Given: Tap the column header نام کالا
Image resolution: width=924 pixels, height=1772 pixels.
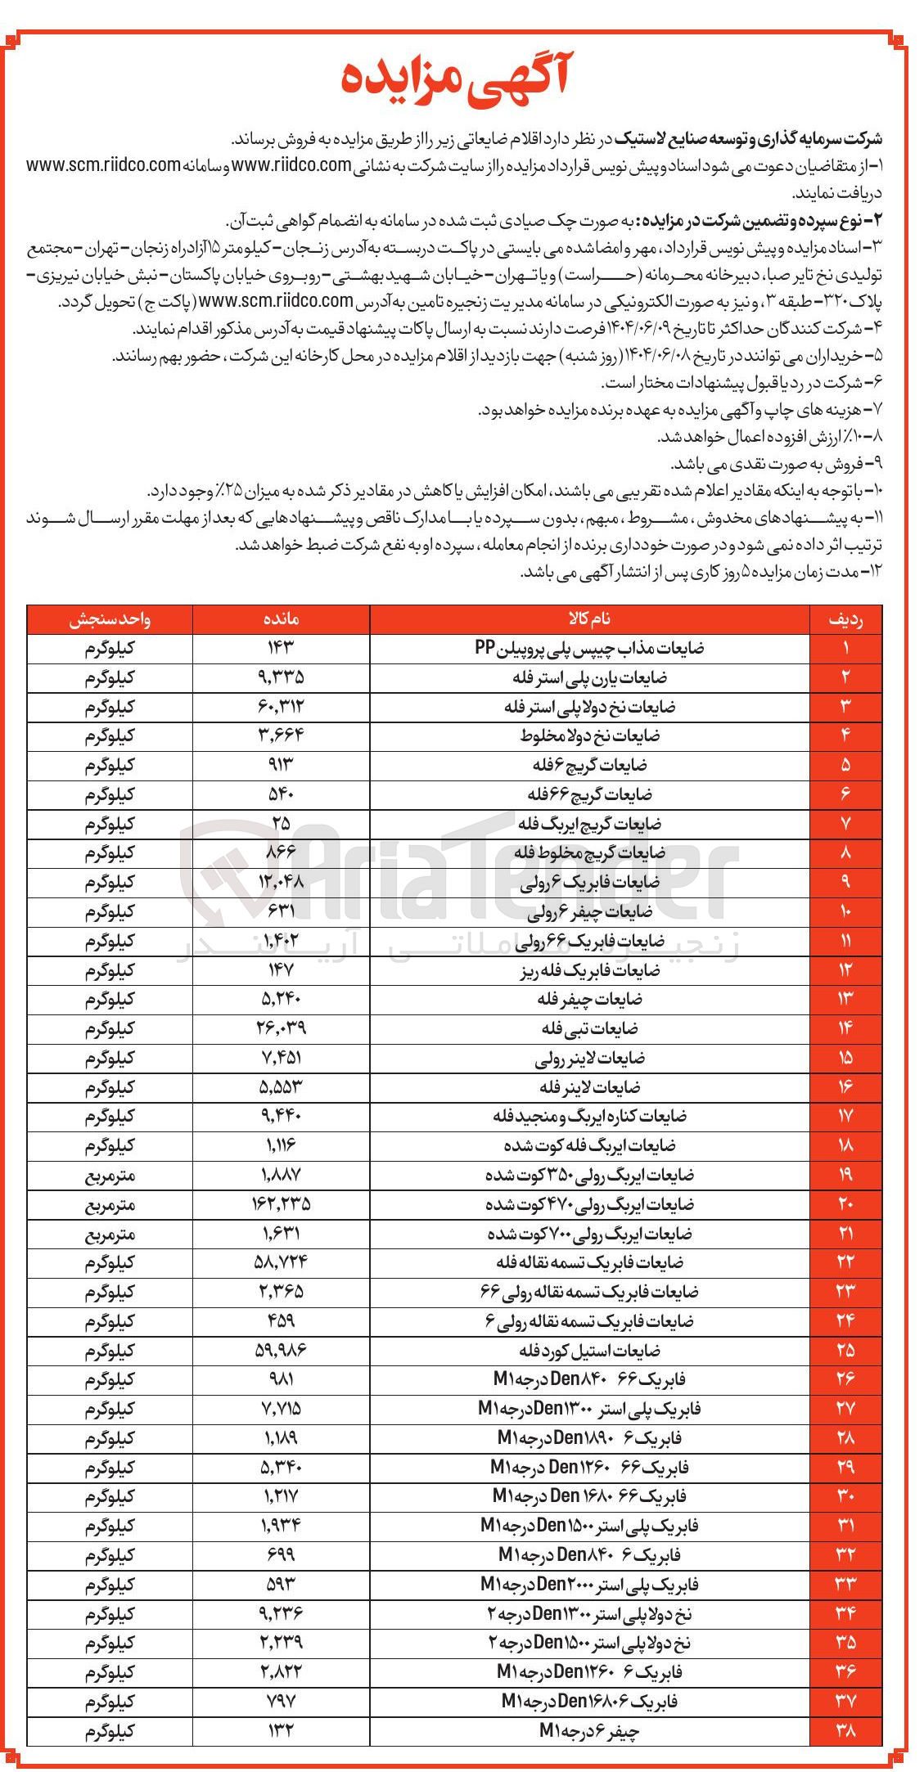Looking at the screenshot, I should tap(589, 619).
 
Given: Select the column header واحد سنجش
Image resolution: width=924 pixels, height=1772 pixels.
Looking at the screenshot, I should tap(110, 619).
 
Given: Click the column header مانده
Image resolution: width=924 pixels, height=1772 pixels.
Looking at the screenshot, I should tap(281, 619).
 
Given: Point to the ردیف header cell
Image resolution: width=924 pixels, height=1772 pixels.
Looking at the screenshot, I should tap(845, 619).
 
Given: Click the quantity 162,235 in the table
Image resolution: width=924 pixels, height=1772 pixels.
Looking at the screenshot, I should tap(281, 1204).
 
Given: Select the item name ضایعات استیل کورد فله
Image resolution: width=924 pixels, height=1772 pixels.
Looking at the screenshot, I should tap(589, 1350).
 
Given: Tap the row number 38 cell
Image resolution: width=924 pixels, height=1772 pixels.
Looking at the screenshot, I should tap(845, 1730).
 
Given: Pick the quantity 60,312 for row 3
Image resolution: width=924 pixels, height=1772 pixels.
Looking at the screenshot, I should tap(281, 707).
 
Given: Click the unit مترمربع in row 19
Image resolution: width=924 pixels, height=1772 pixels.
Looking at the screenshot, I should tap(110, 1175).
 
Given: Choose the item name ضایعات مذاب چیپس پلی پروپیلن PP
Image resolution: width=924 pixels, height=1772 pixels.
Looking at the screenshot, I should tap(589, 649).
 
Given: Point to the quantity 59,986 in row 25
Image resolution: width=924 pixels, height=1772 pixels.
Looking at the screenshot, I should tap(281, 1350).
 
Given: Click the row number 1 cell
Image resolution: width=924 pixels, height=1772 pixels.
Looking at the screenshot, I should tap(845, 649).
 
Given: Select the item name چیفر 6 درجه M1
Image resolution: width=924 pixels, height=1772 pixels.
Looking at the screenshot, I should tap(589, 1730).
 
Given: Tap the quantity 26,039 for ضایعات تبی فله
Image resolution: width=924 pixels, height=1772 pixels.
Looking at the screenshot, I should tap(281, 1028).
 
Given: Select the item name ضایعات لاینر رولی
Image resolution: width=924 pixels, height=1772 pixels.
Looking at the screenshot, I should tap(589, 1058).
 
